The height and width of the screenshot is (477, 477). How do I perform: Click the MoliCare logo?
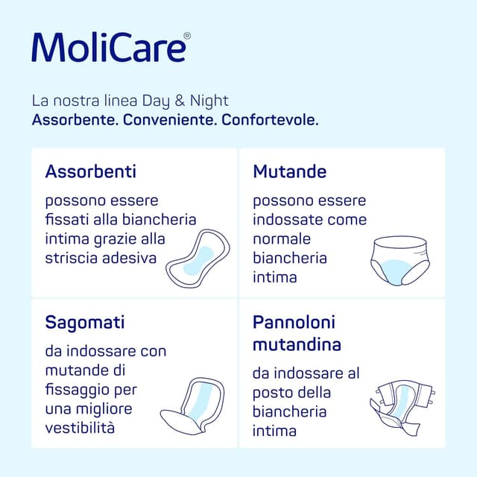(x=109, y=47)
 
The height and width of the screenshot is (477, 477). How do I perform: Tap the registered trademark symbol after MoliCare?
(x=187, y=35)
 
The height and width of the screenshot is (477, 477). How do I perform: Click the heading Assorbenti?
(x=91, y=172)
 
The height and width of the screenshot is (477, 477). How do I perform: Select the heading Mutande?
(x=290, y=172)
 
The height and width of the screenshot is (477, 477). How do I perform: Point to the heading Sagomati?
(x=85, y=323)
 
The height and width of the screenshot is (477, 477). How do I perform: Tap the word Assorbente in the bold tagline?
(x=72, y=119)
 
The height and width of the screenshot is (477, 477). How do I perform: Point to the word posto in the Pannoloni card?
(x=271, y=392)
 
